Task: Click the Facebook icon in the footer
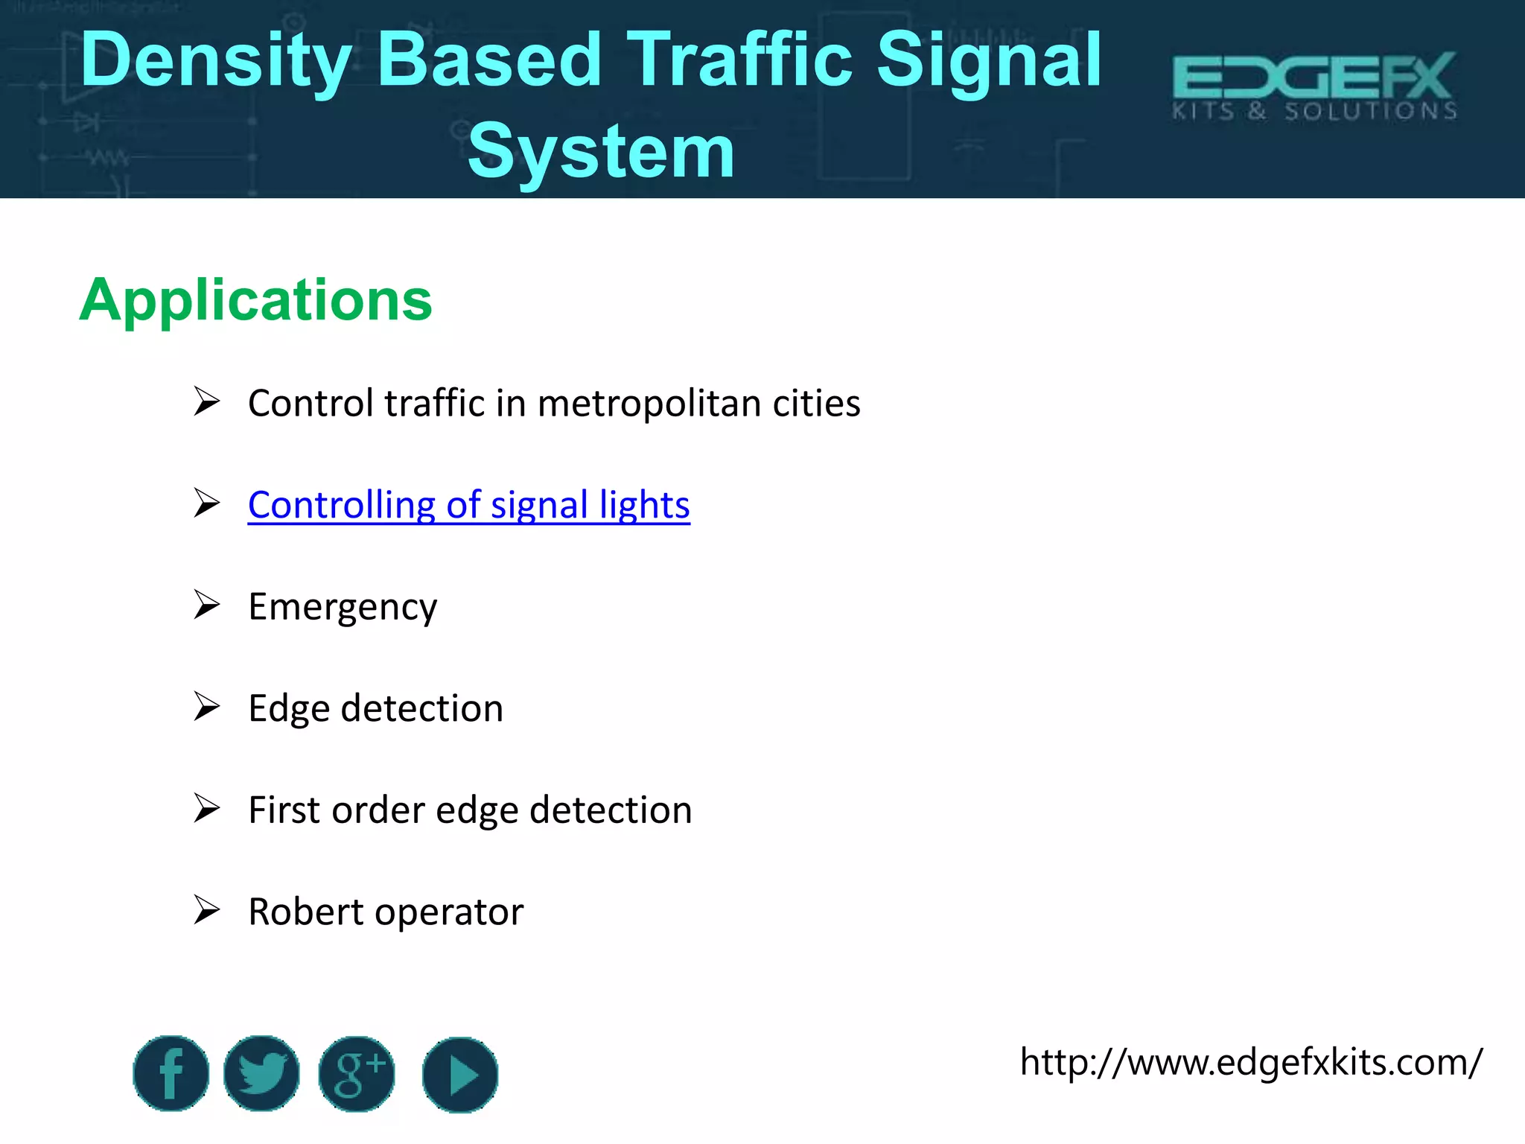click(171, 1073)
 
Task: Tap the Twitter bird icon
click(261, 1073)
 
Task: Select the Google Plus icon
click(357, 1073)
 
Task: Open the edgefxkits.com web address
click(1250, 1061)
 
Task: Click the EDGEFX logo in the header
click(1314, 86)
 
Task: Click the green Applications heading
click(255, 300)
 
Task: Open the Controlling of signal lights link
click(468, 505)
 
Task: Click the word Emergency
click(343, 607)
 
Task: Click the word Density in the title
click(216, 61)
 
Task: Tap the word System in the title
click(600, 152)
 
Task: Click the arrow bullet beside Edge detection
click(206, 707)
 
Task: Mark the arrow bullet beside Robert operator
click(206, 910)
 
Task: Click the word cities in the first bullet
click(816, 404)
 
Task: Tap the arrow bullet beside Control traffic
click(206, 401)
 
